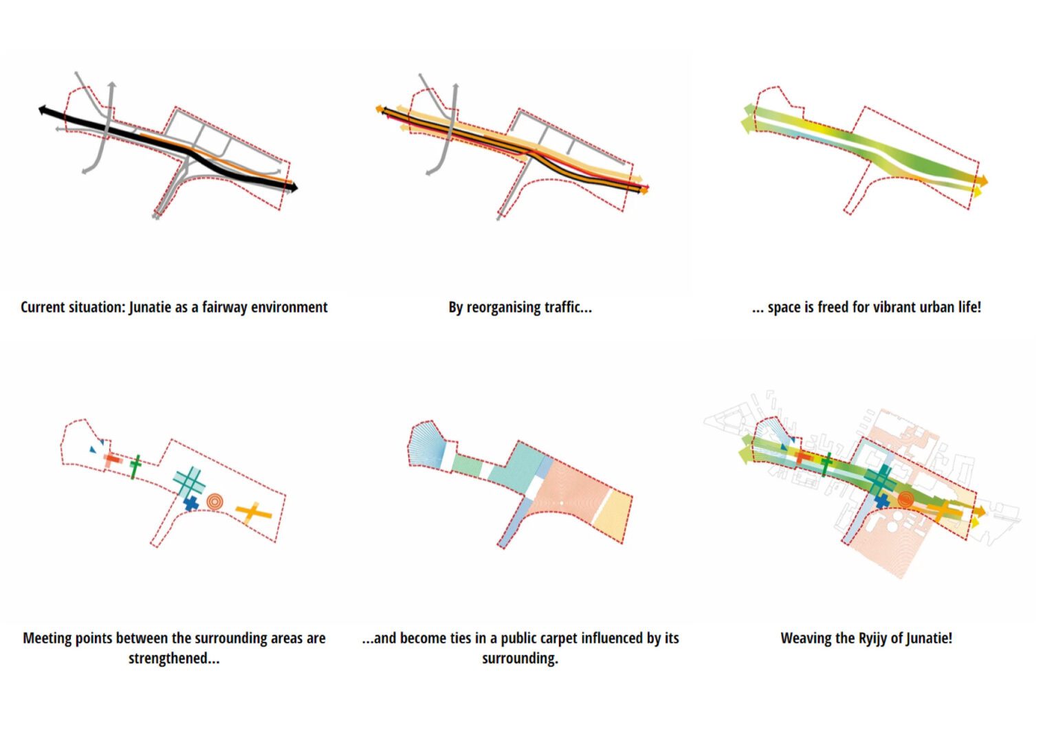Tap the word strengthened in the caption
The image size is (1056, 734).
click(x=174, y=658)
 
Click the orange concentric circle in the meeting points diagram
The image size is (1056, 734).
click(x=214, y=502)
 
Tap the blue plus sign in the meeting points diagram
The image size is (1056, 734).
click(x=190, y=504)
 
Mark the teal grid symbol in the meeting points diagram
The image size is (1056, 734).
click(x=189, y=481)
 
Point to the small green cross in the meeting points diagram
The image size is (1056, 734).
click(x=135, y=465)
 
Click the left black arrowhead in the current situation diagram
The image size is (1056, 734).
click(x=43, y=109)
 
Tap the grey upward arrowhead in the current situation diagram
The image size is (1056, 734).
click(x=111, y=85)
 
